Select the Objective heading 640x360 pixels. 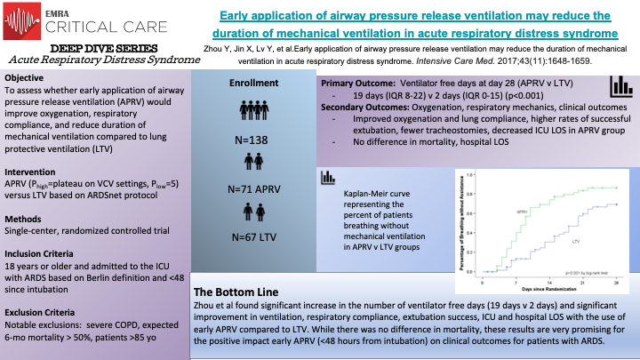click(x=28, y=77)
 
